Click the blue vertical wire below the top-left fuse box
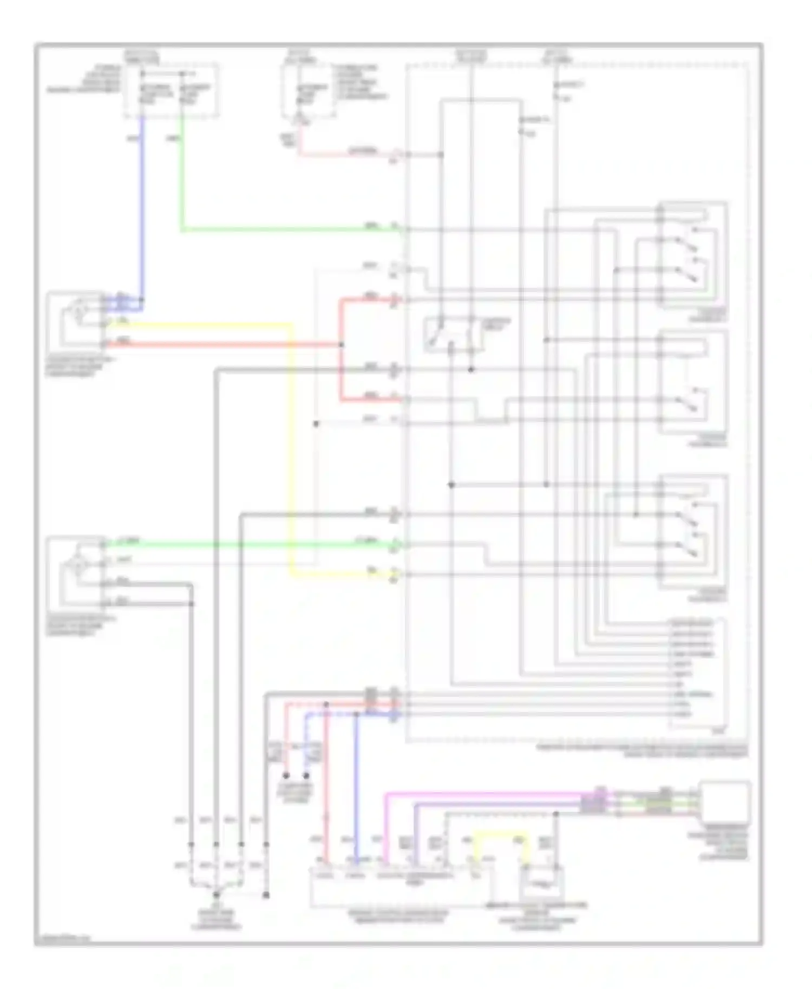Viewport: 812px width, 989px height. [142, 206]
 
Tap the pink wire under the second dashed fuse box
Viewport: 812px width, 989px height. [346, 154]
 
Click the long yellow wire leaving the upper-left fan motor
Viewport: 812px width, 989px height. [291, 449]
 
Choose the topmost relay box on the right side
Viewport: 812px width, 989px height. [693, 254]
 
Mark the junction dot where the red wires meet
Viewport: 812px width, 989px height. [341, 345]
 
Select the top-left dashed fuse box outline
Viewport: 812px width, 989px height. [172, 90]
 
